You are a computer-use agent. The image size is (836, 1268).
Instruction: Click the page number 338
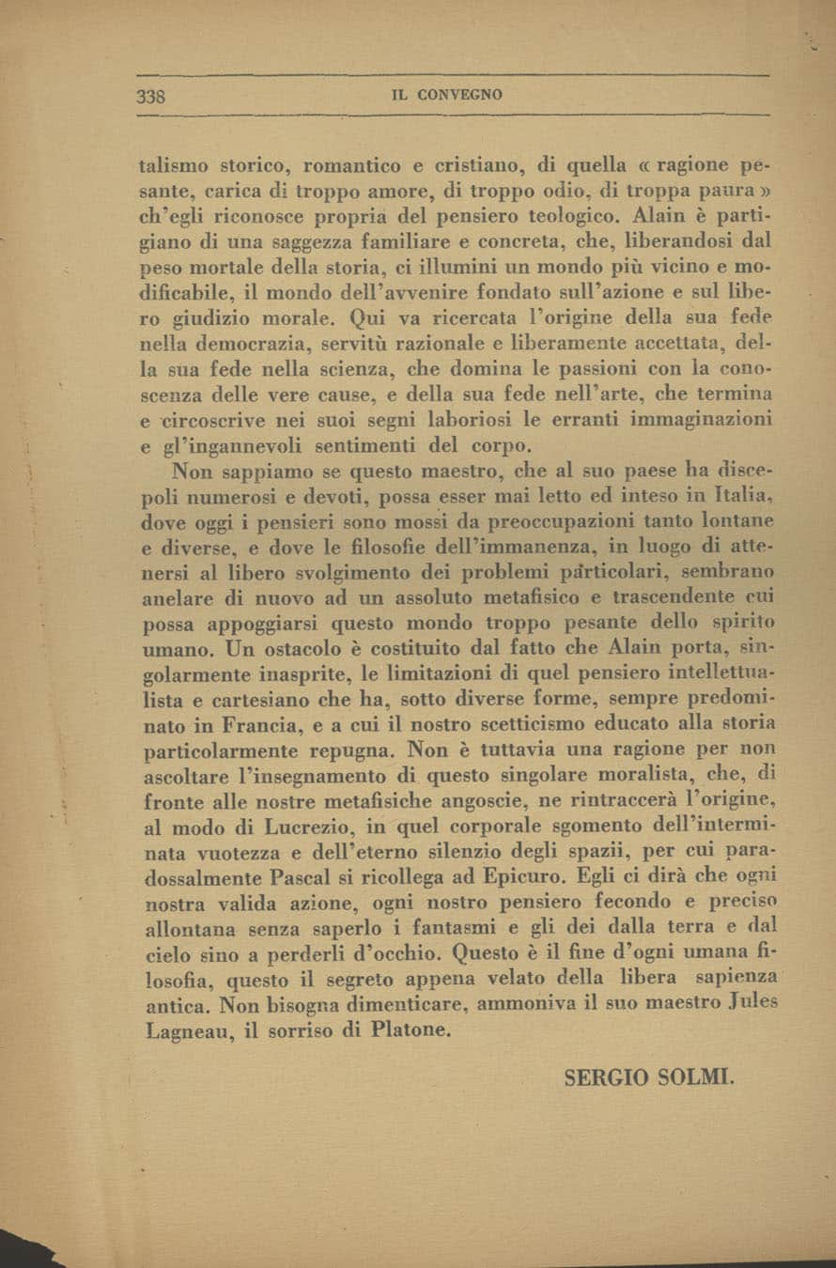click(x=151, y=96)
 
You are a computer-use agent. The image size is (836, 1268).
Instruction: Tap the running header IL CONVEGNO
click(x=447, y=95)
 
